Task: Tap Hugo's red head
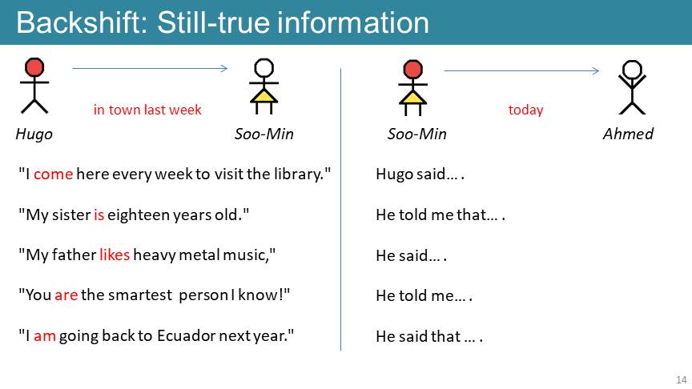pyautogui.click(x=34, y=67)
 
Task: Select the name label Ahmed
pyautogui.click(x=628, y=134)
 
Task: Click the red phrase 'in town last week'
pyautogui.click(x=147, y=110)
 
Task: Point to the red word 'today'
pyautogui.click(x=525, y=110)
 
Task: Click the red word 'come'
pyautogui.click(x=53, y=174)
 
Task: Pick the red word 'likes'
pyautogui.click(x=115, y=255)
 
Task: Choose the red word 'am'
pyautogui.click(x=45, y=336)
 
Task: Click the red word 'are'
pyautogui.click(x=66, y=295)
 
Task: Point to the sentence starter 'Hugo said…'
pyautogui.click(x=420, y=174)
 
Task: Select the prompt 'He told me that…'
pyautogui.click(x=441, y=215)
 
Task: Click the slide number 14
pyautogui.click(x=681, y=379)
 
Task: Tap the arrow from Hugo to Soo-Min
pyautogui.click(x=150, y=68)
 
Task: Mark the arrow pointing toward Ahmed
pyautogui.click(x=521, y=70)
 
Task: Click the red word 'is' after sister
pyautogui.click(x=99, y=215)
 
